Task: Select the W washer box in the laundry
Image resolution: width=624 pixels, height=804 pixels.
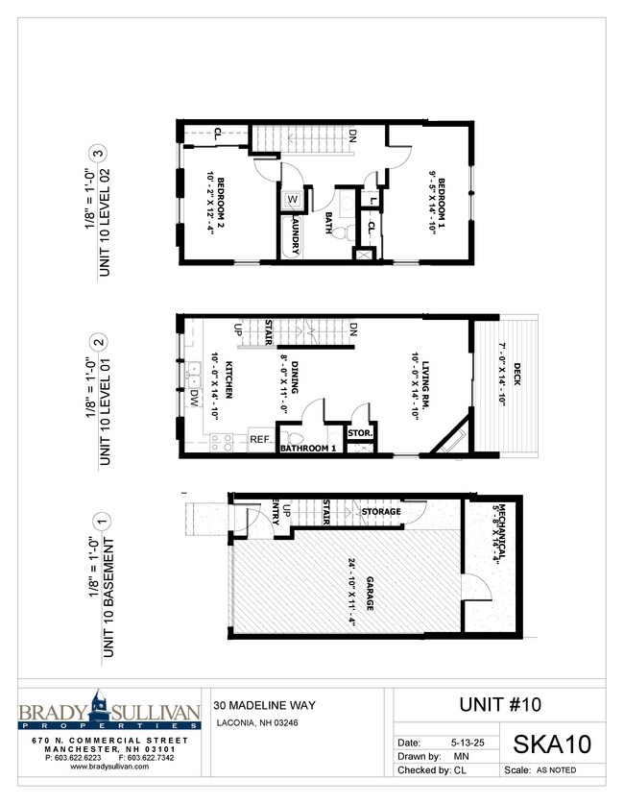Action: (x=293, y=201)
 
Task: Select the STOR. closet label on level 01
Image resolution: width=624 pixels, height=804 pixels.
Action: (x=361, y=433)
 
